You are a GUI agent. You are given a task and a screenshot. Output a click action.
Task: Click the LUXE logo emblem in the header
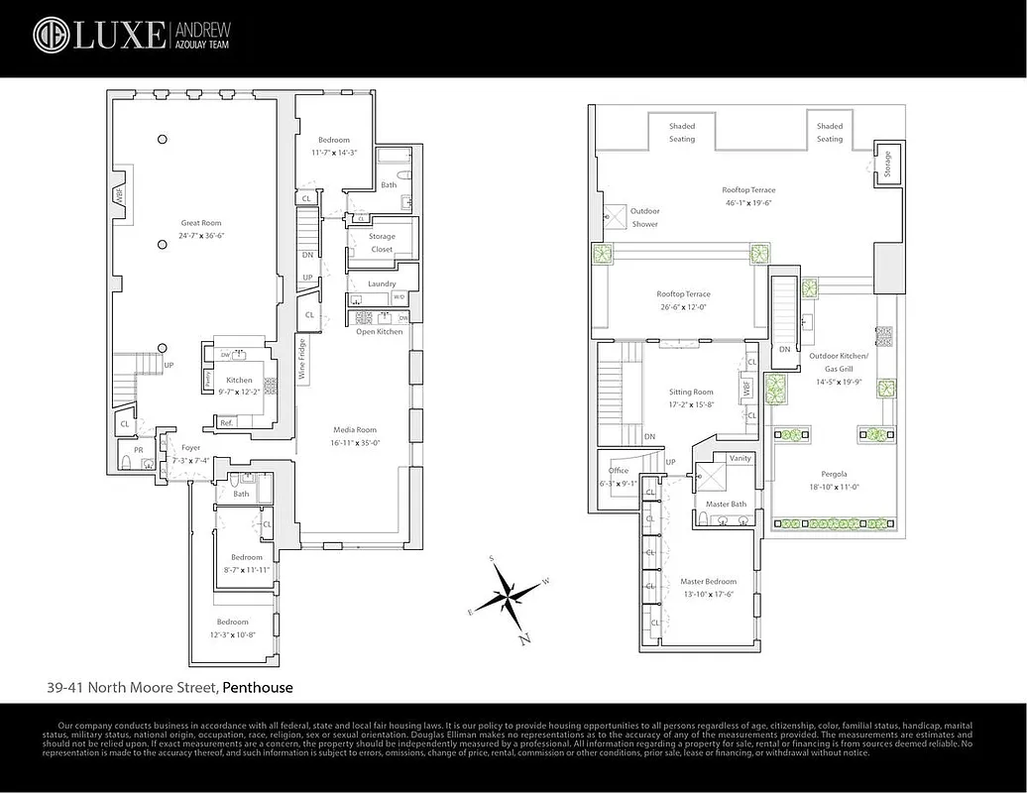(x=51, y=35)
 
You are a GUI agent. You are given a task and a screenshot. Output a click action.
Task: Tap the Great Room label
(x=200, y=223)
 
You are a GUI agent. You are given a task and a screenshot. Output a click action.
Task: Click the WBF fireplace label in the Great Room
(x=119, y=196)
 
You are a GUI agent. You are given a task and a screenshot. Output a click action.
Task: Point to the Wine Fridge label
(x=301, y=360)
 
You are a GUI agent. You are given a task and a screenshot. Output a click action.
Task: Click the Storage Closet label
(x=382, y=243)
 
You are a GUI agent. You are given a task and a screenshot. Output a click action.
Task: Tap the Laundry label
(x=382, y=283)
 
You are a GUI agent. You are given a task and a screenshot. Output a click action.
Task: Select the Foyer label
(x=190, y=447)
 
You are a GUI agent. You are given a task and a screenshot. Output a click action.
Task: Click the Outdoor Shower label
(x=644, y=217)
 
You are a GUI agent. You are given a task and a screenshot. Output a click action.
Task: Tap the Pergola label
(x=833, y=474)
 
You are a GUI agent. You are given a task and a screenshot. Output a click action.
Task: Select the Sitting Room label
(x=691, y=392)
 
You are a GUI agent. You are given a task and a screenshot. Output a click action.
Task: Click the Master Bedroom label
(x=708, y=582)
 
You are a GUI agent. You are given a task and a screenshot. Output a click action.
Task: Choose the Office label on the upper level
(x=619, y=471)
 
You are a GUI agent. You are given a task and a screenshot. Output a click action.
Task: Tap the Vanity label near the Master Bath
(x=740, y=458)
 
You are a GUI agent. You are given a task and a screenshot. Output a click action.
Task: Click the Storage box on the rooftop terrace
(x=886, y=162)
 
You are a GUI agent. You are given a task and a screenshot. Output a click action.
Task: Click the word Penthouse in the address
(x=257, y=687)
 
